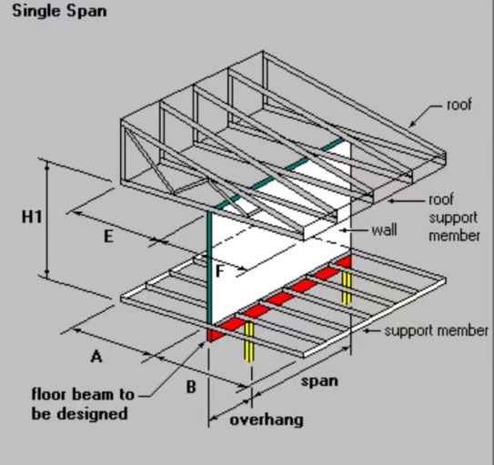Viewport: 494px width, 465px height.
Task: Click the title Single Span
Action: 59,11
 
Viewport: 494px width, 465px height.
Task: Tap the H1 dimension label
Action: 32,217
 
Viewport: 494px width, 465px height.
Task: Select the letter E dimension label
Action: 108,237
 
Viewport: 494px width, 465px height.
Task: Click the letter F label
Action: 220,270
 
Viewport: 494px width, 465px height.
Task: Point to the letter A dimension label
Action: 96,357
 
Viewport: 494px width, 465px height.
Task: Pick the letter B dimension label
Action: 191,387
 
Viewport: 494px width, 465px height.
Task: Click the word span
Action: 319,382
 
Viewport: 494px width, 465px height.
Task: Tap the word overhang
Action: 267,420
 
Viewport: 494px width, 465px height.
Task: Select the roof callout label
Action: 459,105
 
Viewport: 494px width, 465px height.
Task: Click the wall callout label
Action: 384,230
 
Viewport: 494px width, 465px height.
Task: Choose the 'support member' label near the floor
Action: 437,331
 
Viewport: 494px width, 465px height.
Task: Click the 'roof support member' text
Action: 454,217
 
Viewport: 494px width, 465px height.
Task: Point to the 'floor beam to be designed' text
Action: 83,404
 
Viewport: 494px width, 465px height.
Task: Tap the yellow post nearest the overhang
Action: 249,341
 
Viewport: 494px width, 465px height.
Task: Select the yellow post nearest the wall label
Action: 347,288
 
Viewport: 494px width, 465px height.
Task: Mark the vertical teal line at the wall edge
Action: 209,268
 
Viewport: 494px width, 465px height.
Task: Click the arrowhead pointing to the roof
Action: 412,125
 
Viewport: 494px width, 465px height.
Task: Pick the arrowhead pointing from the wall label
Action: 346,230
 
